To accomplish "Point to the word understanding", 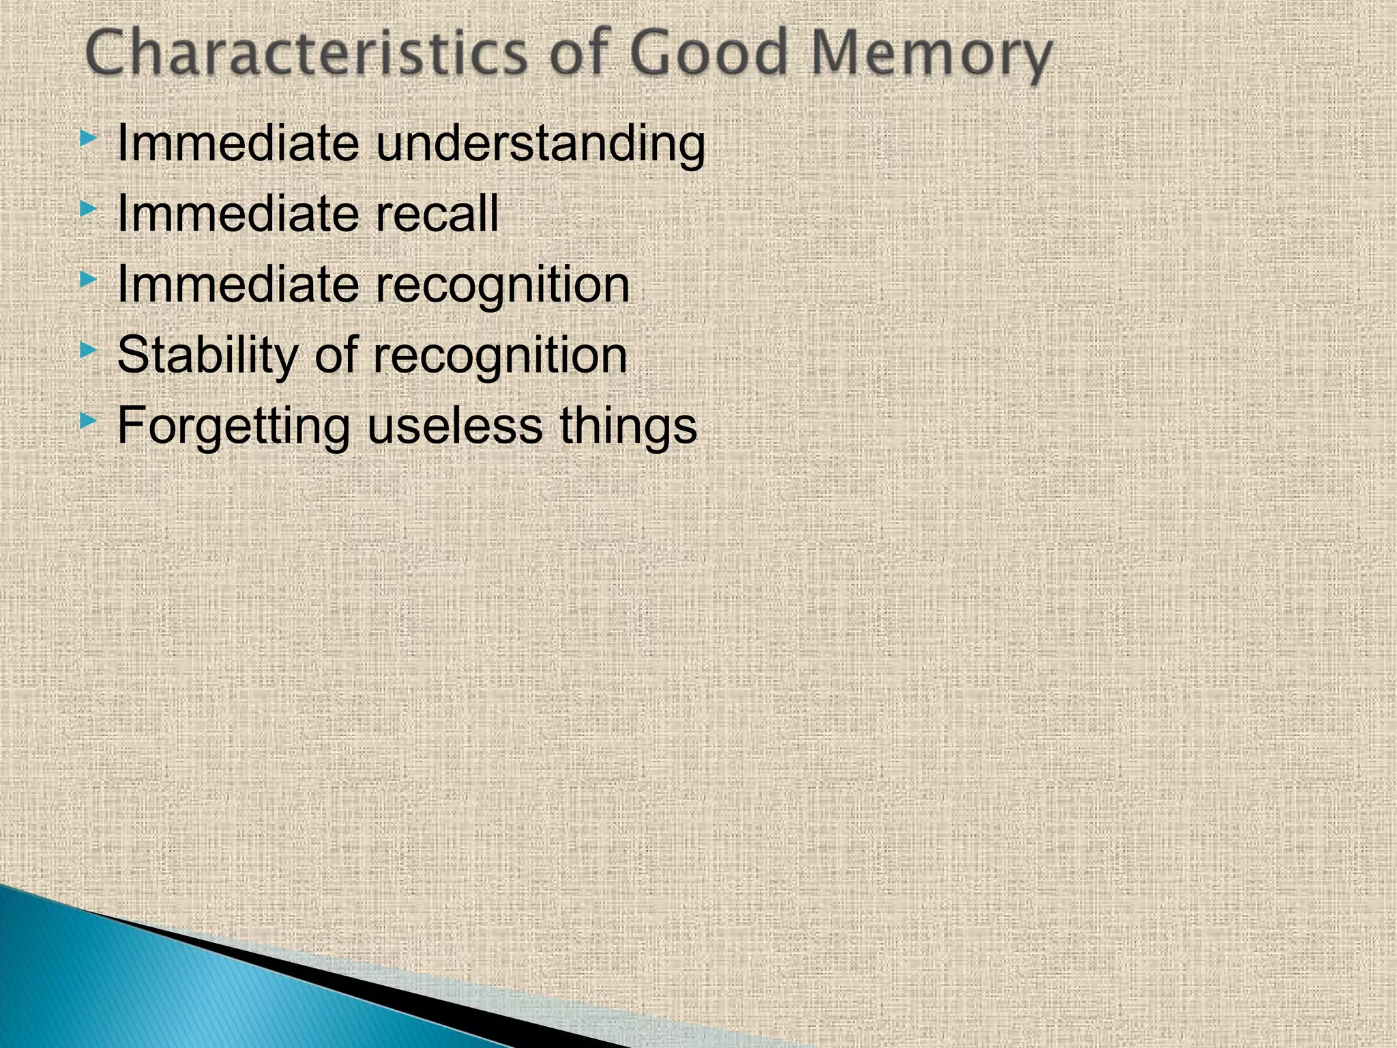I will pyautogui.click(x=540, y=145).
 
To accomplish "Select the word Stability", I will pyautogui.click(x=207, y=356).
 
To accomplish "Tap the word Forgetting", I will pyautogui.click(x=233, y=427).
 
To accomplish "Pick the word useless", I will pyautogui.click(x=455, y=426).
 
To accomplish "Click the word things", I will pyautogui.click(x=628, y=427).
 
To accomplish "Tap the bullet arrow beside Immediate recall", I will pyautogui.click(x=88, y=209).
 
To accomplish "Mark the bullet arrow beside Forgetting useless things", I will pyautogui.click(x=88, y=421).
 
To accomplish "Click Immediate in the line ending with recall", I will pyautogui.click(x=238, y=214).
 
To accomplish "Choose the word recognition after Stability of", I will pyautogui.click(x=499, y=356).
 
